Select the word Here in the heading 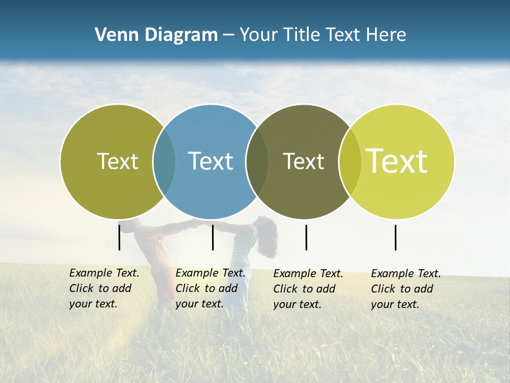coord(386,35)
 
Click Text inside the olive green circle coord(117,161)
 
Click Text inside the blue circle coord(210,161)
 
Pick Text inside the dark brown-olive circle coord(303,161)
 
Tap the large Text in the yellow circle coord(397,161)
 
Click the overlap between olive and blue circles coord(164,161)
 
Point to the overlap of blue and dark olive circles coord(257,161)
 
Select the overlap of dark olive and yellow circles coord(350,161)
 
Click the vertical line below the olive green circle coord(120,237)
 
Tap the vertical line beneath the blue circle coord(212,237)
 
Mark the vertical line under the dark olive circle coord(306,237)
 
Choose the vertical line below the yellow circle coord(395,237)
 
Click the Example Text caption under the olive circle coord(104,288)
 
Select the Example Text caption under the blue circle coord(210,288)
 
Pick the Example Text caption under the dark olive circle coord(308,289)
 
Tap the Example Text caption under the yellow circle coord(405,289)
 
